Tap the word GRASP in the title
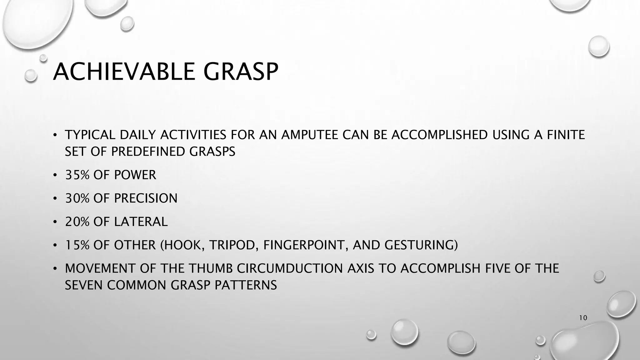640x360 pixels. pyautogui.click(x=241, y=72)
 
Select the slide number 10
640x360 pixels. pyautogui.click(x=583, y=318)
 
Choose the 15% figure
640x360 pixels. pyautogui.click(x=77, y=245)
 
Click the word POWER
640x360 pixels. pyautogui.click(x=135, y=175)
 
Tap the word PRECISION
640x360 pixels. pyautogui.click(x=146, y=198)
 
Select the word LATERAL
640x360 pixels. pyautogui.click(x=141, y=222)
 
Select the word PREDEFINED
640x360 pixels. pyautogui.click(x=148, y=152)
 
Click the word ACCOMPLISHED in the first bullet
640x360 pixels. pyautogui.click(x=439, y=135)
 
